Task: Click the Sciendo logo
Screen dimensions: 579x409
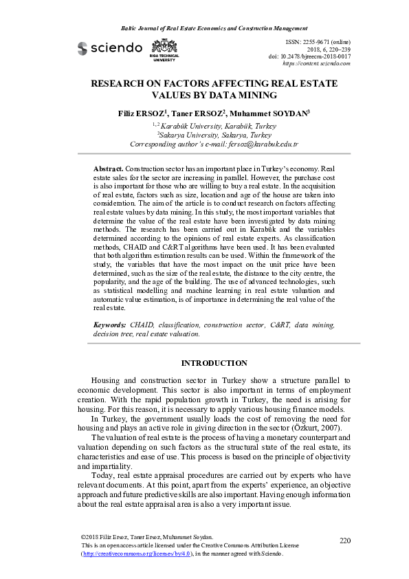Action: (109, 47)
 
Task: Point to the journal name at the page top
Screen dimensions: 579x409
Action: (204, 28)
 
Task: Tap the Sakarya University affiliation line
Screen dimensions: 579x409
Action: (204, 135)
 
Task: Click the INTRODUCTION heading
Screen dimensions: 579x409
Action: (204, 362)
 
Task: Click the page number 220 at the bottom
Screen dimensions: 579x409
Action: (345, 540)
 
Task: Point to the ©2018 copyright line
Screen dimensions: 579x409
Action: (147, 537)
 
